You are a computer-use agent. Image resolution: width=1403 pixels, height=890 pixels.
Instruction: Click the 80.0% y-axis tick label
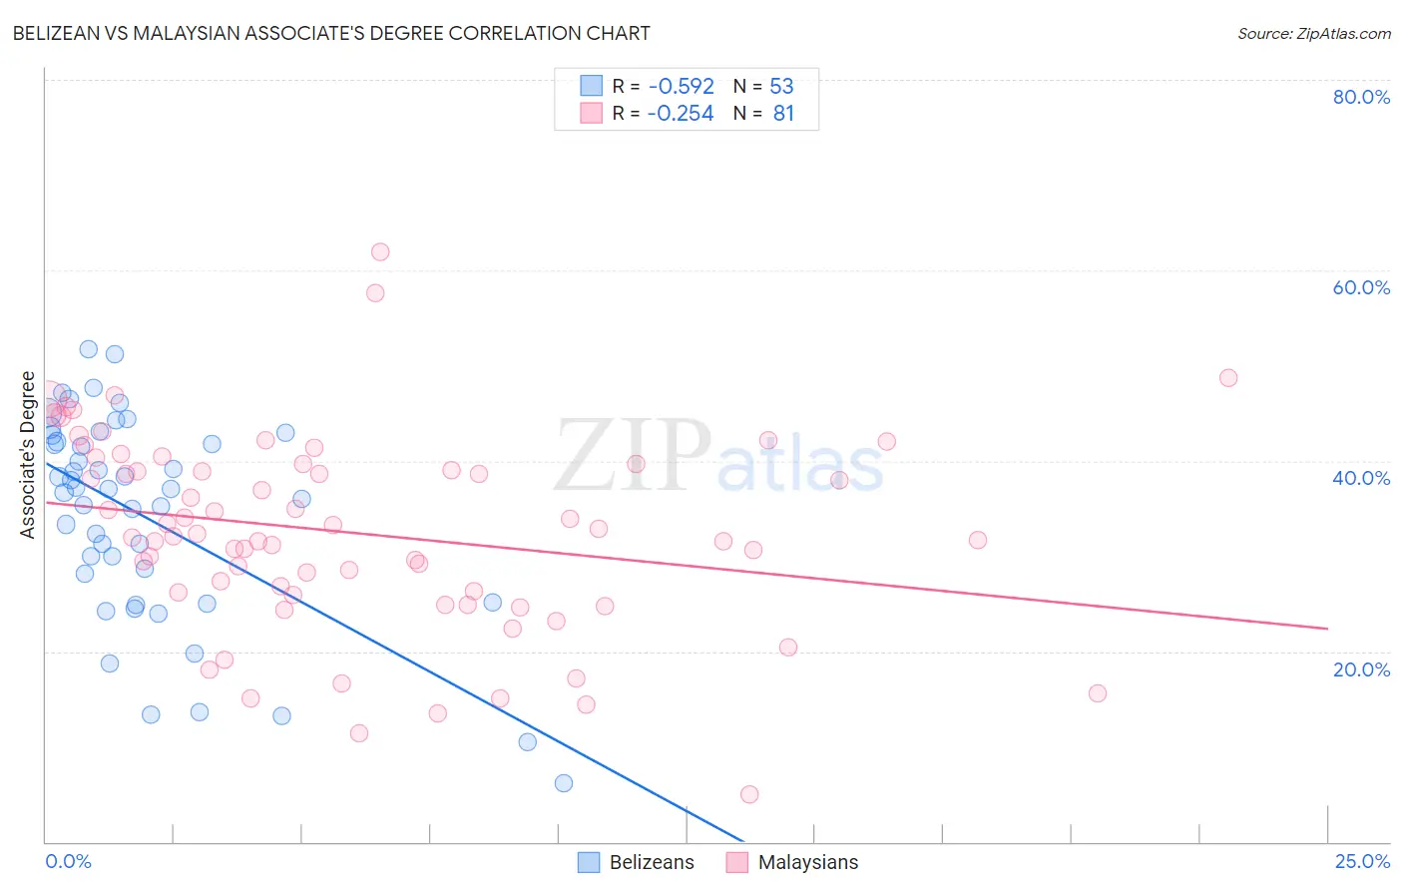click(x=1361, y=97)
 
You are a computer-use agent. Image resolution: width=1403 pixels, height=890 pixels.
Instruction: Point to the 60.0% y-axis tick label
click(x=1361, y=287)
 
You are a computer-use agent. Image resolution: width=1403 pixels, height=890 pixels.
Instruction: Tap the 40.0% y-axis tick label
click(x=1361, y=478)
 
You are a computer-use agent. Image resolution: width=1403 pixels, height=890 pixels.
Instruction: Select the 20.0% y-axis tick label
click(x=1361, y=668)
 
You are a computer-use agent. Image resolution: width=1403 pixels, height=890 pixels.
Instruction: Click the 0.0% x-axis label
click(x=68, y=861)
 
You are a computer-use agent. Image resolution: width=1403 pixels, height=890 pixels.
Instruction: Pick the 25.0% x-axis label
click(x=1362, y=861)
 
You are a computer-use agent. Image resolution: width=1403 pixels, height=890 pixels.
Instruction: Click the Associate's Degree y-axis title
click(x=28, y=455)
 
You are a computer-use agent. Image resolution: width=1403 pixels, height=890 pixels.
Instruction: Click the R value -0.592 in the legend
click(x=681, y=87)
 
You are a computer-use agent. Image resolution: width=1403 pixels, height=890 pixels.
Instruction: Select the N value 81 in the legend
click(x=783, y=114)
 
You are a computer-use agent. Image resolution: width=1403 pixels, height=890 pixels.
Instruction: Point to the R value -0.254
click(x=681, y=114)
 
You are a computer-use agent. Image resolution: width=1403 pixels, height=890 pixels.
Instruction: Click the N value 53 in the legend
click(x=781, y=87)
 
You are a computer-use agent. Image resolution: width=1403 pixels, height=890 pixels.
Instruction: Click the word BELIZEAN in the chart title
click(x=62, y=34)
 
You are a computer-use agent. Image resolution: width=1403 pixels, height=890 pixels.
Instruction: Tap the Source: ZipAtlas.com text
click(x=1313, y=34)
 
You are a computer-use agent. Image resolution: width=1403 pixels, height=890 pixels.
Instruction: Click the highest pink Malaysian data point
click(x=380, y=252)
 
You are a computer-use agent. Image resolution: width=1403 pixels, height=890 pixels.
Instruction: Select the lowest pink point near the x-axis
click(x=749, y=794)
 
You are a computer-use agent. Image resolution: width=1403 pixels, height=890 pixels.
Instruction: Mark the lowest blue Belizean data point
click(x=564, y=783)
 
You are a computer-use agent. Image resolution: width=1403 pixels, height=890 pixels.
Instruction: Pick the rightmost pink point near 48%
click(x=1228, y=378)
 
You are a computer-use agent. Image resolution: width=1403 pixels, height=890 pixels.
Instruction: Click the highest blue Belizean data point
click(x=89, y=349)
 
